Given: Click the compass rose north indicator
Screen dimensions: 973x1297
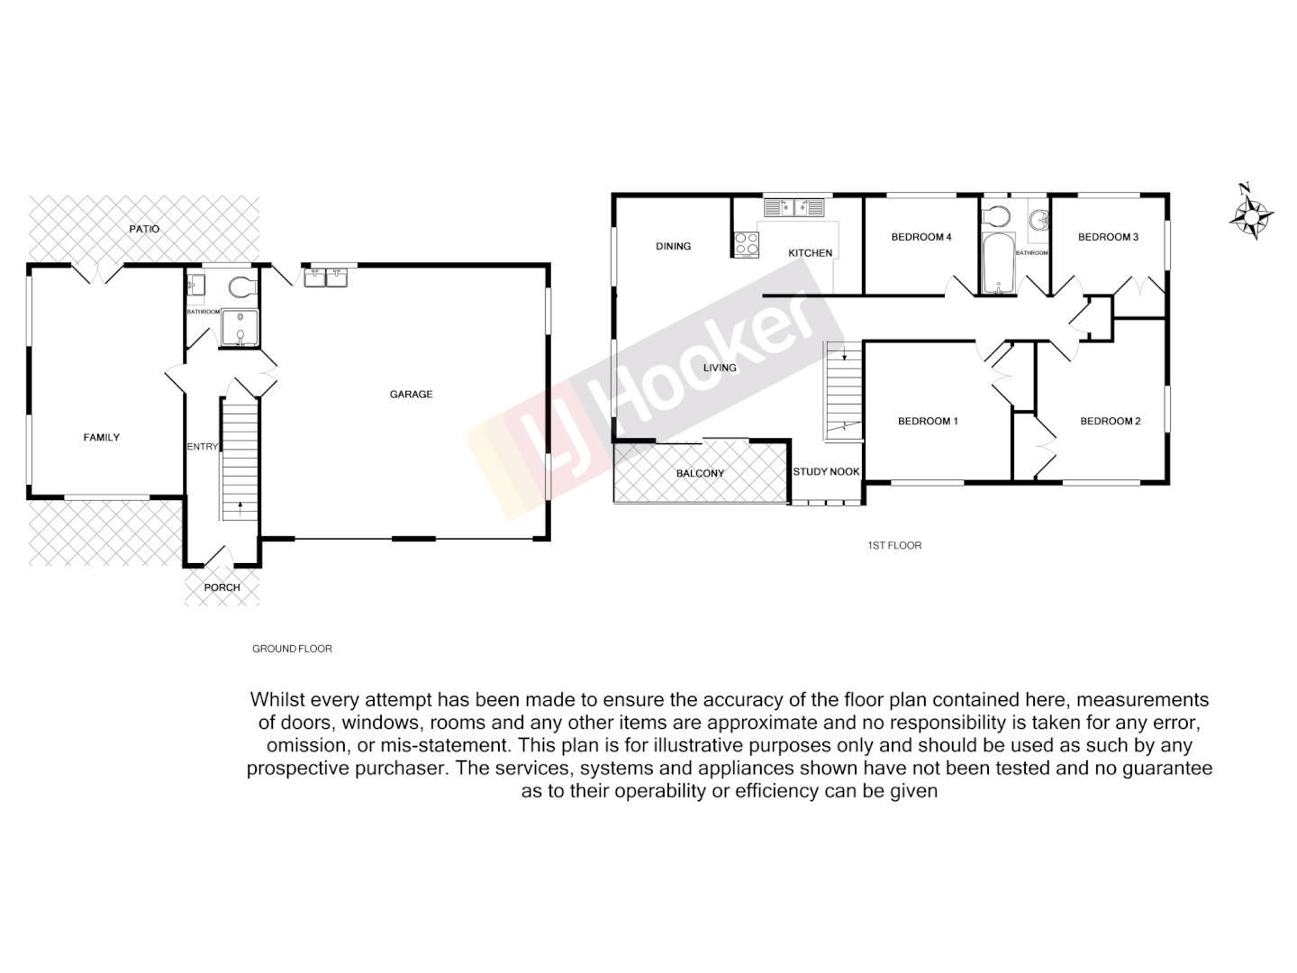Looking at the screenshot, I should coord(1251,214).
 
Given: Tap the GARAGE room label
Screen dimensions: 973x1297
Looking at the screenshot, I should coord(411,394).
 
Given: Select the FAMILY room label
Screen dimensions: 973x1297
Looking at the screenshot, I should coord(102,437).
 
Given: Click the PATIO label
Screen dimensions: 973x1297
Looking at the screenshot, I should coord(144,229).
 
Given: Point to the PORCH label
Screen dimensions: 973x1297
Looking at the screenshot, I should coord(222,587).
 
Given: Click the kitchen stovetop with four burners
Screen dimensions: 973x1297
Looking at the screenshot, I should coord(747,244).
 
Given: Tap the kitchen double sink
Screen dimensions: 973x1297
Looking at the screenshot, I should coord(794,208).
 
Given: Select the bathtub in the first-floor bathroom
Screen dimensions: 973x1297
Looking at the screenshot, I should coord(997,264).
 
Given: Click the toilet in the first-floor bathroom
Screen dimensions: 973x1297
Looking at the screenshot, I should coord(995,217).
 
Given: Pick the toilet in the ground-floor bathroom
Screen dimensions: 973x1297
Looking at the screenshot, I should coord(241,287).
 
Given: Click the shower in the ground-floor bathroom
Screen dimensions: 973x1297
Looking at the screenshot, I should coord(240,328).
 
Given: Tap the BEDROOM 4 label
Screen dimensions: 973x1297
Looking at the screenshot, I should coord(921,237).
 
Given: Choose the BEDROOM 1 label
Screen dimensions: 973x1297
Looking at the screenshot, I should coord(928,421).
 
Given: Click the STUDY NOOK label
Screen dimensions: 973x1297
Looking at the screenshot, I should coord(826,471).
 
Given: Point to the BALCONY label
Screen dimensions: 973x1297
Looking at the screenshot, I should coord(700,473).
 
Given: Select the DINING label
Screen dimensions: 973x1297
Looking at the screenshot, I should coord(673,246).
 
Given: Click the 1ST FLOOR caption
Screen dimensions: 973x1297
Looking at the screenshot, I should coord(894,545).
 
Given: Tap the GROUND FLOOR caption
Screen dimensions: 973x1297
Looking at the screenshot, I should coord(292,649).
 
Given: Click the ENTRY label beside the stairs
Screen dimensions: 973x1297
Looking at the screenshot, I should coord(203,447).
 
